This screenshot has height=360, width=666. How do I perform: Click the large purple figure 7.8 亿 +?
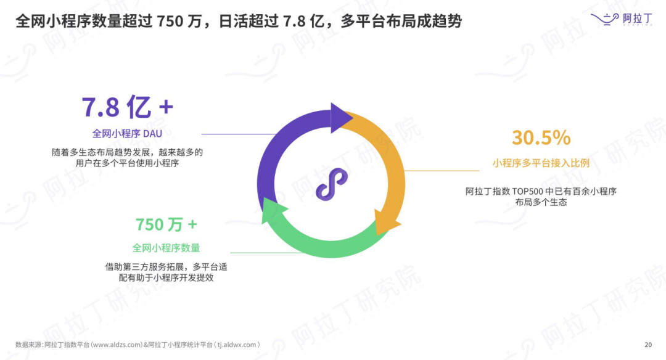click(128, 107)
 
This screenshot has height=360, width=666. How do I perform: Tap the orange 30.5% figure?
click(541, 138)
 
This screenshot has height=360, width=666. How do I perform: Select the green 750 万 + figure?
click(166, 224)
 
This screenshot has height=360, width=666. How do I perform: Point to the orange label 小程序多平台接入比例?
click(541, 163)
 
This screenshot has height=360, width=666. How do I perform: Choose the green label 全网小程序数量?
click(166, 248)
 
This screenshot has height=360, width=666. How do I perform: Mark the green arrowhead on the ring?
click(272, 210)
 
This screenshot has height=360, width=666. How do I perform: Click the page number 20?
click(647, 345)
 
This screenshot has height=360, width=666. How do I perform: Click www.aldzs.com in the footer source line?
click(117, 345)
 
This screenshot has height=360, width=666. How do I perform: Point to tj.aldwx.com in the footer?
click(237, 345)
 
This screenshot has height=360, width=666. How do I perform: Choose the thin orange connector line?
click(439, 171)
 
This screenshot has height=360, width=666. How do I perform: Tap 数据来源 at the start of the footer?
click(28, 345)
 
